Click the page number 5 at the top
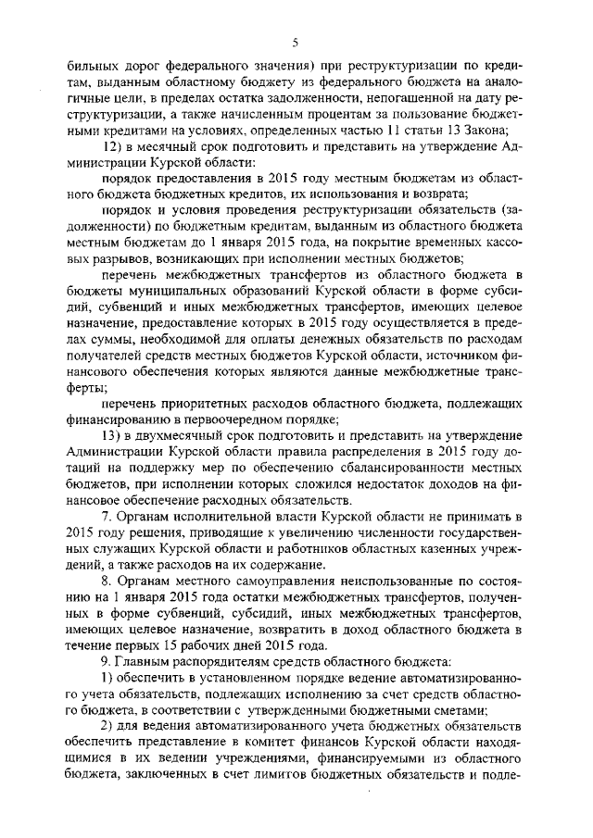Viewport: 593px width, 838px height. [296, 42]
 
